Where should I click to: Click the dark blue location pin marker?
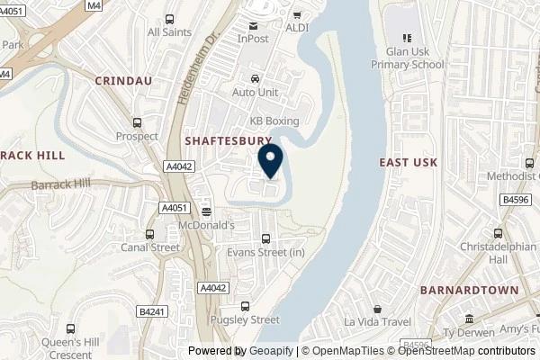tap(270, 161)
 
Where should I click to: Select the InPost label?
tap(254, 40)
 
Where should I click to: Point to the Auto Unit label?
tap(256, 92)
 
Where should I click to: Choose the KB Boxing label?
tap(274, 121)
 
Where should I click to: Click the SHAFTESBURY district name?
tap(228, 141)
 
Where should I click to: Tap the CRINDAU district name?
tap(122, 80)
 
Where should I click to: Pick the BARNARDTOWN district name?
tap(469, 290)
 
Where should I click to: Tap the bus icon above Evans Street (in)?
tap(265, 239)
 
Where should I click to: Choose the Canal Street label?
tap(151, 247)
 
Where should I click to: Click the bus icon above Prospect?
tap(137, 123)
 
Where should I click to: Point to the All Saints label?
tap(168, 31)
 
